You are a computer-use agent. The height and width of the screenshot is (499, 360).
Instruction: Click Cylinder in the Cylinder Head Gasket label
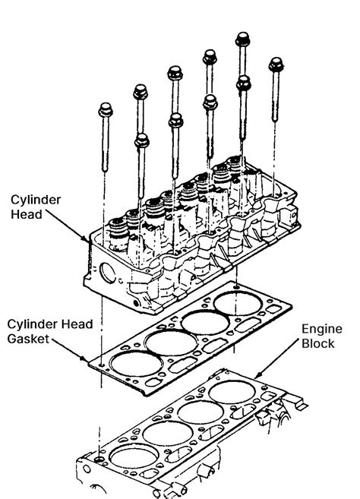pyautogui.click(x=30, y=324)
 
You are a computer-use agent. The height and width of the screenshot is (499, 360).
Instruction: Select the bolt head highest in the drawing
pyautogui.click(x=243, y=39)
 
